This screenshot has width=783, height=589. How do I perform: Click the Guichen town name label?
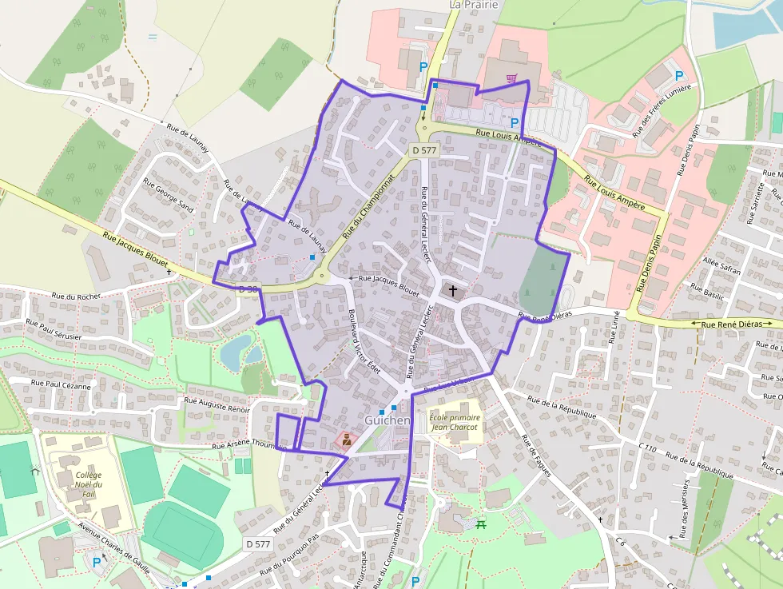(x=388, y=420)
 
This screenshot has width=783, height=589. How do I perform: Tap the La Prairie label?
(x=474, y=5)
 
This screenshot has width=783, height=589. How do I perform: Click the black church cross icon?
(x=454, y=291)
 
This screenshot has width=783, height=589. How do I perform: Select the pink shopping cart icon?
(x=512, y=78)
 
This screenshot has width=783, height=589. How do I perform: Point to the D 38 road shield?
(x=248, y=289)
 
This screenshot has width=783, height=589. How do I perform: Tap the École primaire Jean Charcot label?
(x=453, y=422)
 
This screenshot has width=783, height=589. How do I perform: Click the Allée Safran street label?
(x=721, y=267)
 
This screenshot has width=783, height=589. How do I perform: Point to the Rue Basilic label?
(x=707, y=291)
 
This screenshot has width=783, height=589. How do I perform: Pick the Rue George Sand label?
(x=168, y=195)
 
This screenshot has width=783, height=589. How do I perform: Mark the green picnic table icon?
(x=481, y=524)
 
